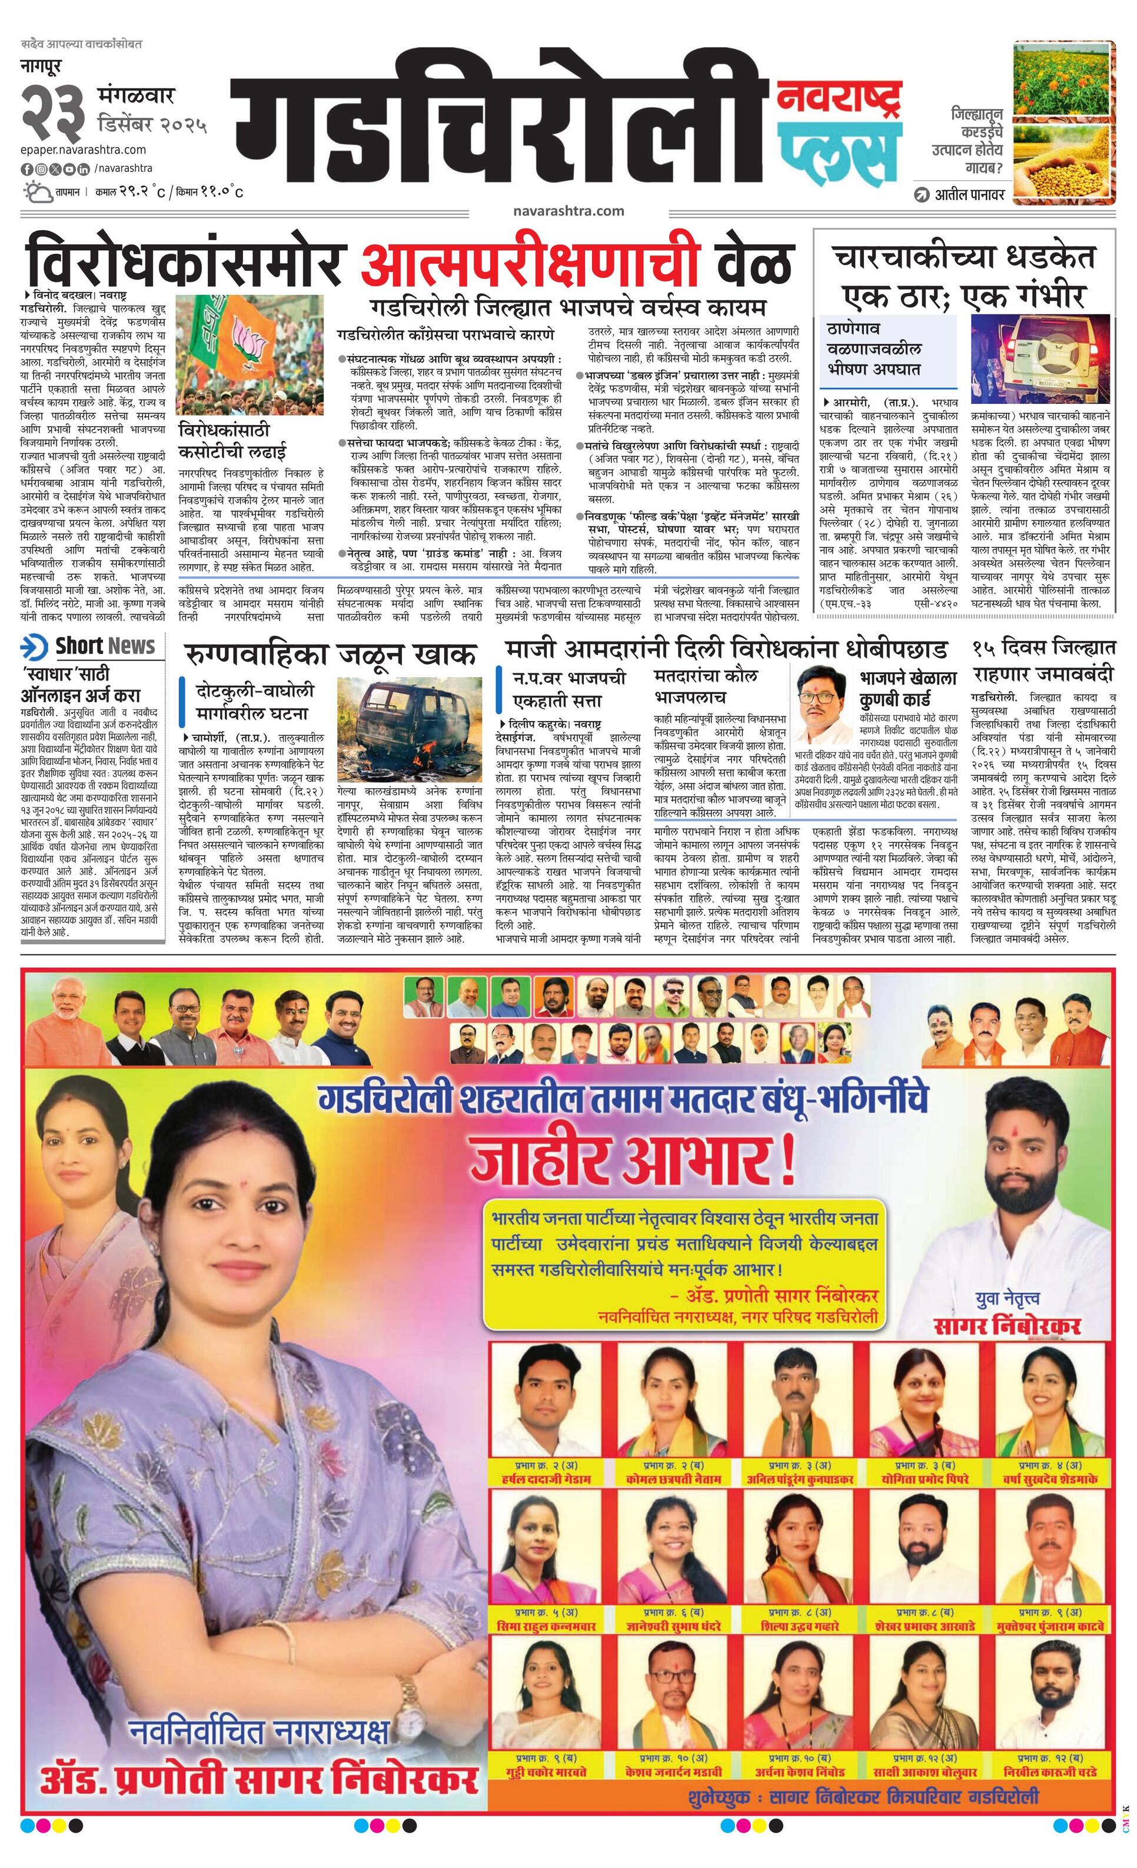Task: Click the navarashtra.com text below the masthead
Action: (x=568, y=211)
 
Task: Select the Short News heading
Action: (x=105, y=646)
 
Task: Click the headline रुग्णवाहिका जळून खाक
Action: (x=331, y=654)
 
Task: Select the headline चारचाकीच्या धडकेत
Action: (x=964, y=258)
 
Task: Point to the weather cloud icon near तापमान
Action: (x=36, y=191)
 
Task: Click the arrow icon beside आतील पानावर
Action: (x=922, y=195)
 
